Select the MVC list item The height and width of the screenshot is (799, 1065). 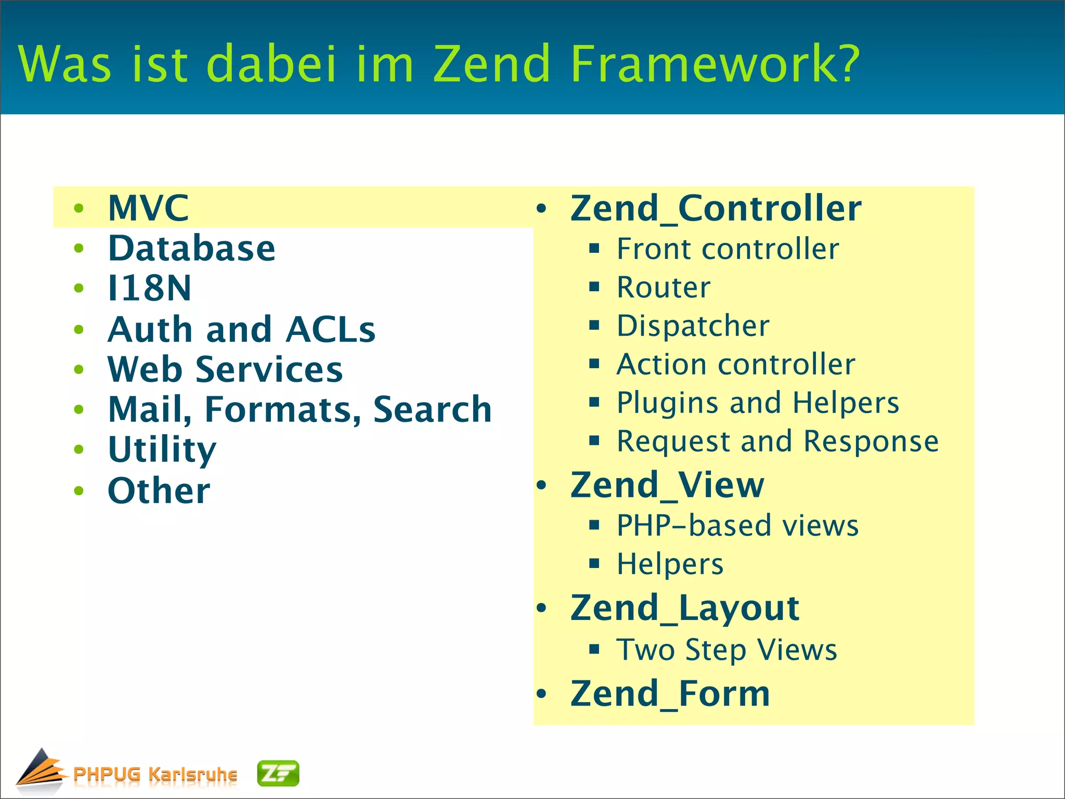148,208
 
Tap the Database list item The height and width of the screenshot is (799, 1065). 191,248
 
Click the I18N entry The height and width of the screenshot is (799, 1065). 149,288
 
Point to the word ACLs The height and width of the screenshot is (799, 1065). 330,329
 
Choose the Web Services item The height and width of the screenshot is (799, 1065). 225,369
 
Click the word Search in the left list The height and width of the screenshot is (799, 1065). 432,409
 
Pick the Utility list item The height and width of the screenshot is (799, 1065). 162,450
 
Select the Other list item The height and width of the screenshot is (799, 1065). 159,491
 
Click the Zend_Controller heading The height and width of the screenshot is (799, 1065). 716,208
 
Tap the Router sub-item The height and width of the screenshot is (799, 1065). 663,287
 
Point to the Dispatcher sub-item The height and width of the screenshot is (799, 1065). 693,326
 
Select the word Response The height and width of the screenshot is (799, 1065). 871,442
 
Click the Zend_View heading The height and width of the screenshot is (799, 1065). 667,485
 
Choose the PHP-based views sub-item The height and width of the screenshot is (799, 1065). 737,525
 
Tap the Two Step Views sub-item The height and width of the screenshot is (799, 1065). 726,650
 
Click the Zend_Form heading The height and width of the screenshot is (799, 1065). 670,694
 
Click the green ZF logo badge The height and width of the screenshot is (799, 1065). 278,774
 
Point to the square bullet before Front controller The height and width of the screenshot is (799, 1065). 594,248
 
